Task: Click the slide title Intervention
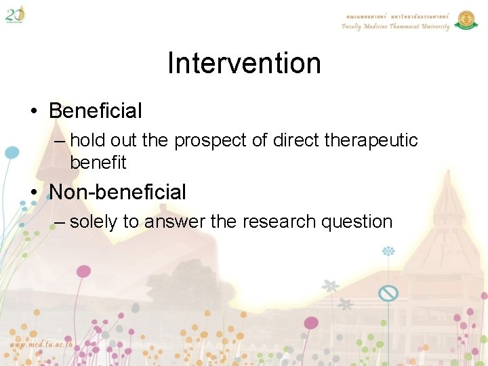coord(244,64)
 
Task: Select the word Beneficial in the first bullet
coord(96,110)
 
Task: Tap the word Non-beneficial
coord(118,192)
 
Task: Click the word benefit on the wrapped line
coord(98,163)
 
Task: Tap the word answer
coord(178,222)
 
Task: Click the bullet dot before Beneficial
coord(34,111)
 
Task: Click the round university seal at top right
coord(466,20)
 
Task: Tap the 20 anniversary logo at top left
coord(15,14)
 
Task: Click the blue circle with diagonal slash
coord(388,293)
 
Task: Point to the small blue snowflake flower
coord(388,251)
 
